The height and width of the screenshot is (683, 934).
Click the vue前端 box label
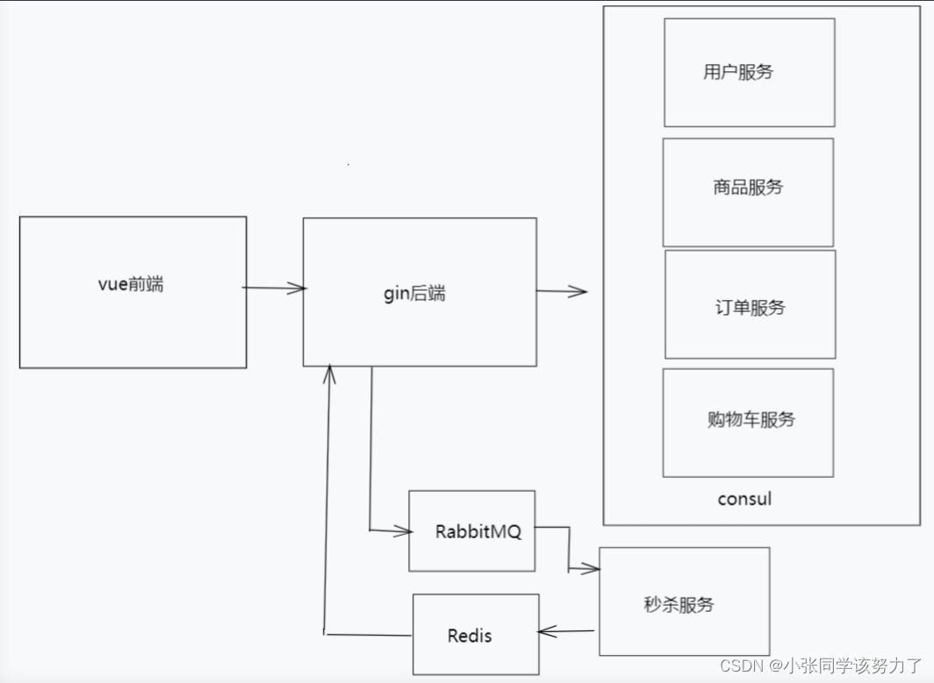tap(131, 284)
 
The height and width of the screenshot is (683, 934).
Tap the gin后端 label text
tap(414, 294)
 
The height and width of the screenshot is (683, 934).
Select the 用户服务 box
tap(749, 73)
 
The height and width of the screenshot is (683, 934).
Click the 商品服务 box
tap(748, 192)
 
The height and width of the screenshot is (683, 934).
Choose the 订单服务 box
tap(750, 304)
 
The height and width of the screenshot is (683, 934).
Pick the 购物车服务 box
tap(748, 422)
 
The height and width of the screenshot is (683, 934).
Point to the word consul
tap(744, 499)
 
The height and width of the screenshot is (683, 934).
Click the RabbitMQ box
tap(472, 531)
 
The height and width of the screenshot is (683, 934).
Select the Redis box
tap(476, 635)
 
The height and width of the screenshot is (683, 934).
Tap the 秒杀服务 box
tap(684, 601)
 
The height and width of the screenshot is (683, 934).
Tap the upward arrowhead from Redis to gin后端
tap(329, 372)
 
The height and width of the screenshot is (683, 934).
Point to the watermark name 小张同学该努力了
tap(853, 665)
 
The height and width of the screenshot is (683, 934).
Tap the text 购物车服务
tap(751, 419)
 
